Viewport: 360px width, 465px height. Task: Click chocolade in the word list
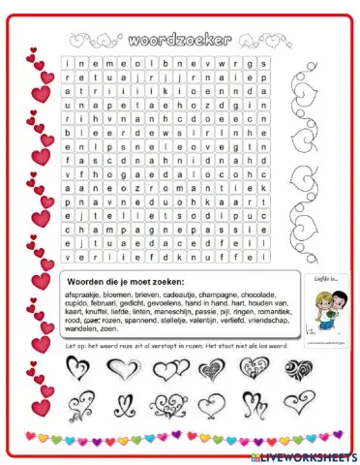coord(253,294)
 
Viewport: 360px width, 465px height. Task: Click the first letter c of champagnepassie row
coord(69,231)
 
